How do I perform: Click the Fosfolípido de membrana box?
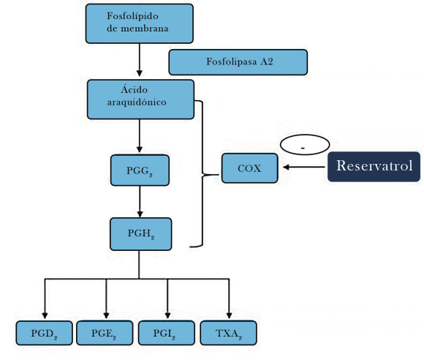(x=139, y=23)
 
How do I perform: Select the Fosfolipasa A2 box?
(x=238, y=62)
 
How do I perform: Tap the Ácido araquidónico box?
(x=140, y=99)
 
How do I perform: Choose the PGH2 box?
(x=140, y=234)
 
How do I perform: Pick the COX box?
(x=250, y=168)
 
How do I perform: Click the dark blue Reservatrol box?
(x=374, y=166)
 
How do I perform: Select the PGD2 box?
(x=45, y=333)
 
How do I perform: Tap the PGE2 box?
(x=106, y=333)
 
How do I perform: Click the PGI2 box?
(x=167, y=333)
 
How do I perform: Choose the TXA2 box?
(x=229, y=333)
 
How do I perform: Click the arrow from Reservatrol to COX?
(x=303, y=168)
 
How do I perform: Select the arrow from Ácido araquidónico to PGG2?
(x=139, y=136)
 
